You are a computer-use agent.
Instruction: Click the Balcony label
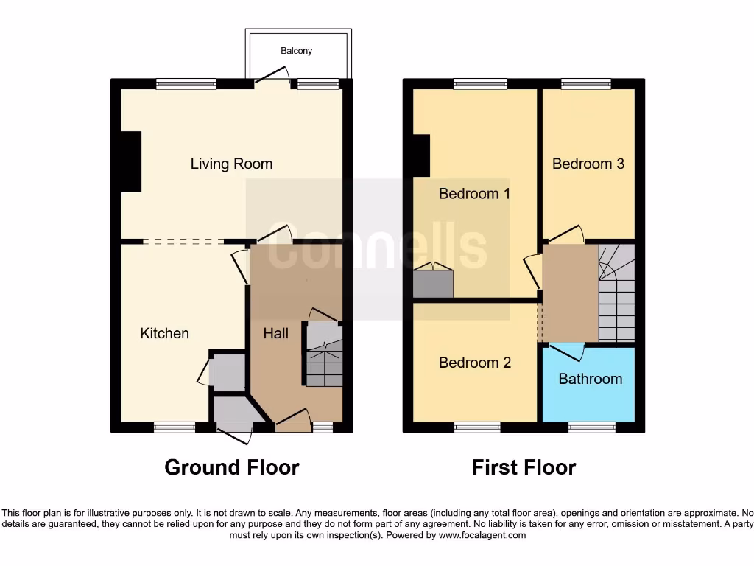point(297,51)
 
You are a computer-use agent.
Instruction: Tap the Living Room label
point(231,164)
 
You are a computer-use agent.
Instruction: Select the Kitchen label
point(165,333)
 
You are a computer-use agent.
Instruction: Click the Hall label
point(276,333)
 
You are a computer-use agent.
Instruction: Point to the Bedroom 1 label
point(474,193)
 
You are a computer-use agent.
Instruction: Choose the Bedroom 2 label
point(474,363)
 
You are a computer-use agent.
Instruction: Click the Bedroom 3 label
point(588,164)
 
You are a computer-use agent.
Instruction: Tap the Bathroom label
point(590,379)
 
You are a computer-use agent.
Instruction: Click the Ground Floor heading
point(231,467)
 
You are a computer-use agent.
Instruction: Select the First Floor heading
point(524,467)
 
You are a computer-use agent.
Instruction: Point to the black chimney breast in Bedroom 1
point(420,155)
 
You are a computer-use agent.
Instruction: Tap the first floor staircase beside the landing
point(616,295)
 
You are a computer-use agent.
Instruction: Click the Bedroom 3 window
point(586,85)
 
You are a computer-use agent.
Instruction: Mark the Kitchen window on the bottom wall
point(175,427)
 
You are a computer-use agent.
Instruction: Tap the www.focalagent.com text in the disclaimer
point(482,535)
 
